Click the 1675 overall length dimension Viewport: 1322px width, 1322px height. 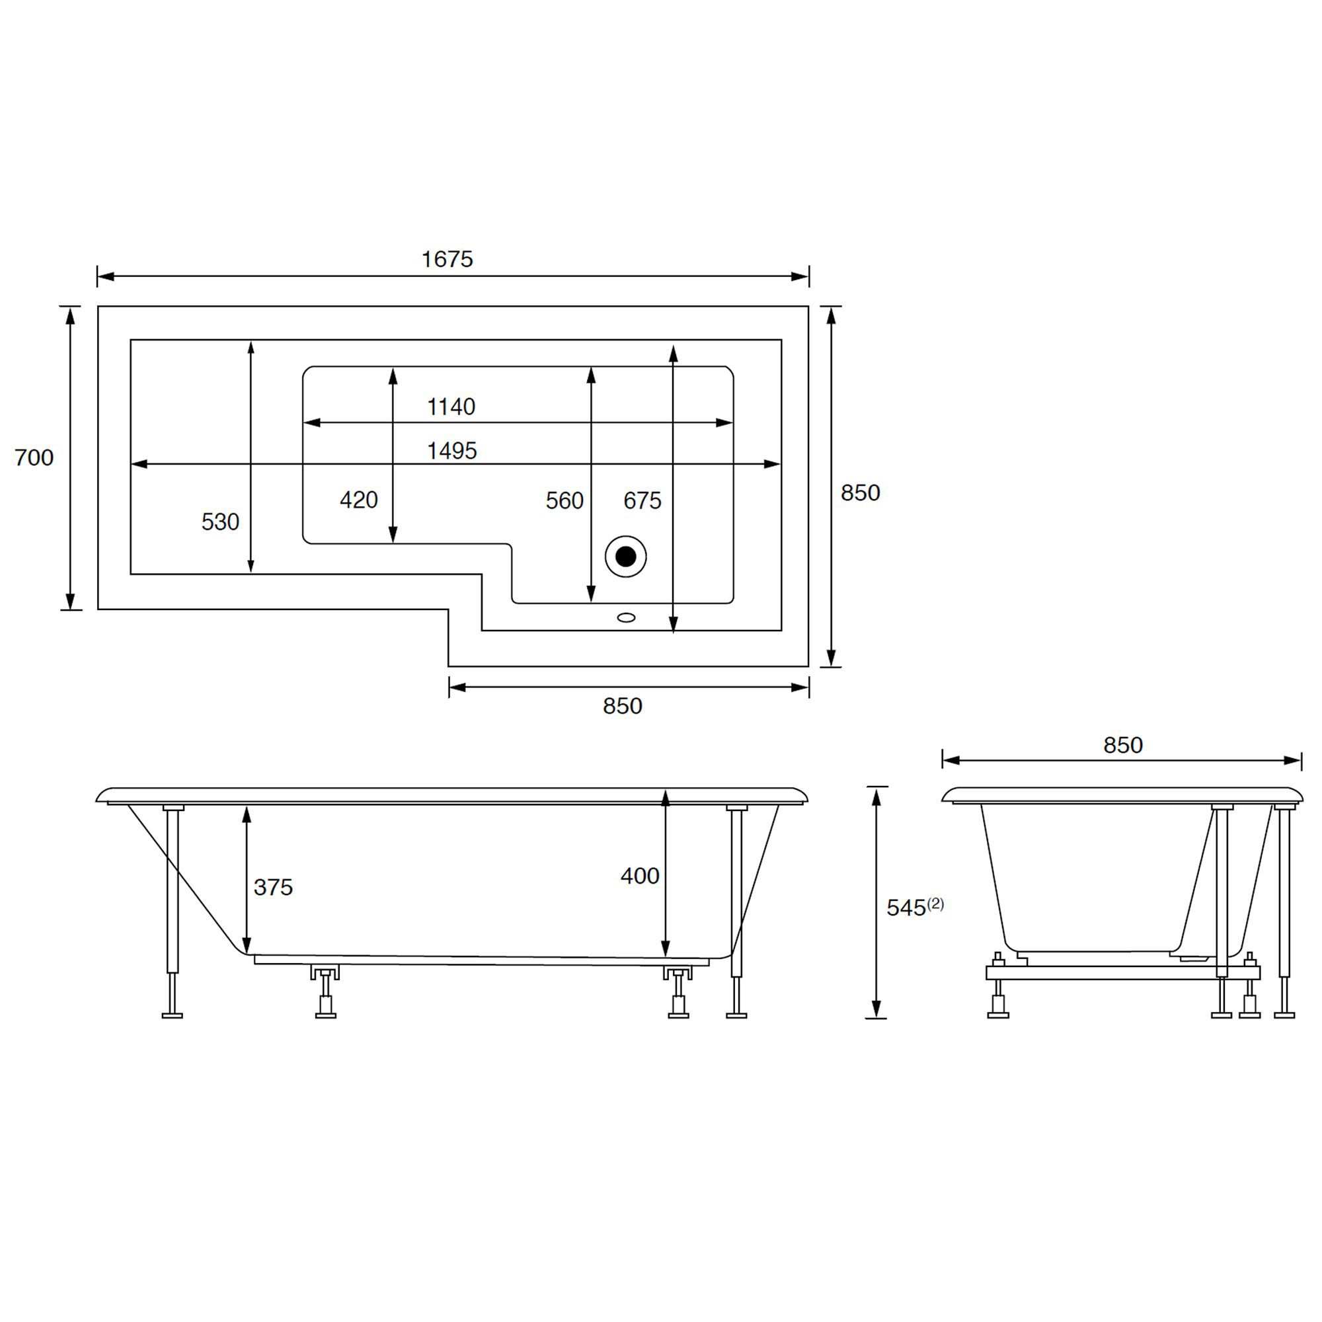click(x=447, y=259)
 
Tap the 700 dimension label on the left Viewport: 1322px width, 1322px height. click(x=34, y=457)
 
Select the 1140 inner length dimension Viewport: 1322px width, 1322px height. click(x=451, y=407)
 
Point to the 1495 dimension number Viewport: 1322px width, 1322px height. click(x=451, y=451)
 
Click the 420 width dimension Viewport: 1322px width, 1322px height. click(x=358, y=500)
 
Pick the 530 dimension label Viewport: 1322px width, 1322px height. click(x=220, y=522)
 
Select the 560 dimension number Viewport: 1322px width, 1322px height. click(x=564, y=501)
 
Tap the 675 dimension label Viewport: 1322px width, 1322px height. click(x=642, y=501)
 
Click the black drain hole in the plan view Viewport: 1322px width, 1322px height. click(x=625, y=557)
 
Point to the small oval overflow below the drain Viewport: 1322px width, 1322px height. click(x=625, y=618)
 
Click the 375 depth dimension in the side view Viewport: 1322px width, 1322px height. click(x=273, y=888)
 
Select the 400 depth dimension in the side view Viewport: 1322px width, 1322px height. click(x=640, y=876)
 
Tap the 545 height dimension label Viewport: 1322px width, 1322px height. click(x=906, y=908)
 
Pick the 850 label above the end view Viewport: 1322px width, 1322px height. click(x=1123, y=745)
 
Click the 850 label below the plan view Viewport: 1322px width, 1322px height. click(x=622, y=706)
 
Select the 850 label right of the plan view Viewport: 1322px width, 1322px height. click(x=860, y=492)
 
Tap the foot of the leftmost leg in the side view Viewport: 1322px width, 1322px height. click(x=173, y=1015)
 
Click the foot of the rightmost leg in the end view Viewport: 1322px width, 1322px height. click(x=1284, y=1015)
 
